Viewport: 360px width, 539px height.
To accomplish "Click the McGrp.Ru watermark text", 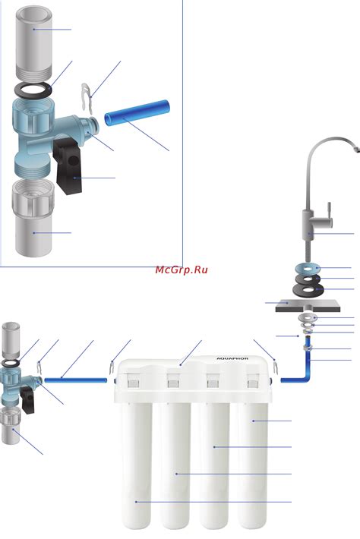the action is tap(182, 269).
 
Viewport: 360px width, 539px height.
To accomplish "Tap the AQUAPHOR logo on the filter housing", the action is tap(232, 359).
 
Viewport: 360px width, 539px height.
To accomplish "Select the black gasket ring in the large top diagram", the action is tap(33, 90).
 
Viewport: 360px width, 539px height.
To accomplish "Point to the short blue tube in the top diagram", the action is tap(137, 112).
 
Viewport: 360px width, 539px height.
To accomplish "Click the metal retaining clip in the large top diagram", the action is tap(87, 99).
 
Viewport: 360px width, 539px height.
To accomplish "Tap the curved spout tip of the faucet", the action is tap(356, 150).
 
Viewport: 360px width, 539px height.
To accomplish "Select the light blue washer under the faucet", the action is tap(308, 268).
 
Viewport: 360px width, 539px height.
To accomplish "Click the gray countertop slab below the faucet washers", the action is tap(308, 306).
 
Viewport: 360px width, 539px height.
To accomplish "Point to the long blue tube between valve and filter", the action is tap(76, 380).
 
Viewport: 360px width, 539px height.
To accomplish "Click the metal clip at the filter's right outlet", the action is tap(276, 366).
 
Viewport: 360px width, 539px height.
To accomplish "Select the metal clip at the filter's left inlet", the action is tap(112, 368).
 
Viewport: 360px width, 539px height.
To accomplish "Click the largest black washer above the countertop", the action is tap(308, 290).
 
